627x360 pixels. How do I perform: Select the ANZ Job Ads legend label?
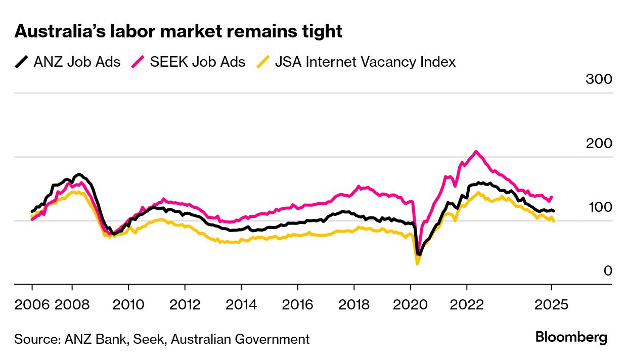coord(77,62)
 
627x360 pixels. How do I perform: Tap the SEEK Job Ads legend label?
coord(198,62)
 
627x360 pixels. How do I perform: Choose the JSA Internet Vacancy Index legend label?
coord(365,62)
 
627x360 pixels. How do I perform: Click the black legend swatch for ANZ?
coord(22,62)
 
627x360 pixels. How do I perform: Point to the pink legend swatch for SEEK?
coord(138,62)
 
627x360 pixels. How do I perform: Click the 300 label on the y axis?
coord(599,79)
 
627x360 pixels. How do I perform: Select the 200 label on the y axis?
coord(599,144)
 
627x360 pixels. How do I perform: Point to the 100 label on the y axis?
coord(599,207)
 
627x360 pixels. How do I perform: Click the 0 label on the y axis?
coord(608,272)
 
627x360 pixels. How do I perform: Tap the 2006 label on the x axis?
coord(32,305)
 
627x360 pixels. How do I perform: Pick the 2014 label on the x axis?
coord(241,305)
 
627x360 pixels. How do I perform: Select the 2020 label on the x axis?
coord(410,305)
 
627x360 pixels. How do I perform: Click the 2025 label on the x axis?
coord(552,305)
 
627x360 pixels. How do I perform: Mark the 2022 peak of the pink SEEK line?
coord(476,151)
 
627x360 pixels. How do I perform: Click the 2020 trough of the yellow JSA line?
coord(417,263)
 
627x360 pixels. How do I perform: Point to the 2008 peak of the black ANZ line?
coord(79,174)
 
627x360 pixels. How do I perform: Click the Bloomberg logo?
coord(571,337)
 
